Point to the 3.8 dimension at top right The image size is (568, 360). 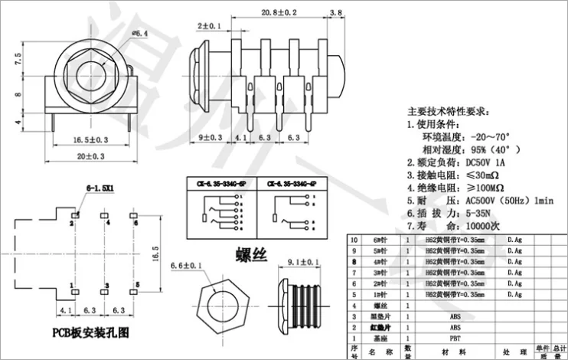[335, 13]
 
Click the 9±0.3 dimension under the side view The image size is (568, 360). [211, 138]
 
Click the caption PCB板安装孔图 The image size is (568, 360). [90, 332]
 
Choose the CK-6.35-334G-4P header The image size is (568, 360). [292, 184]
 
